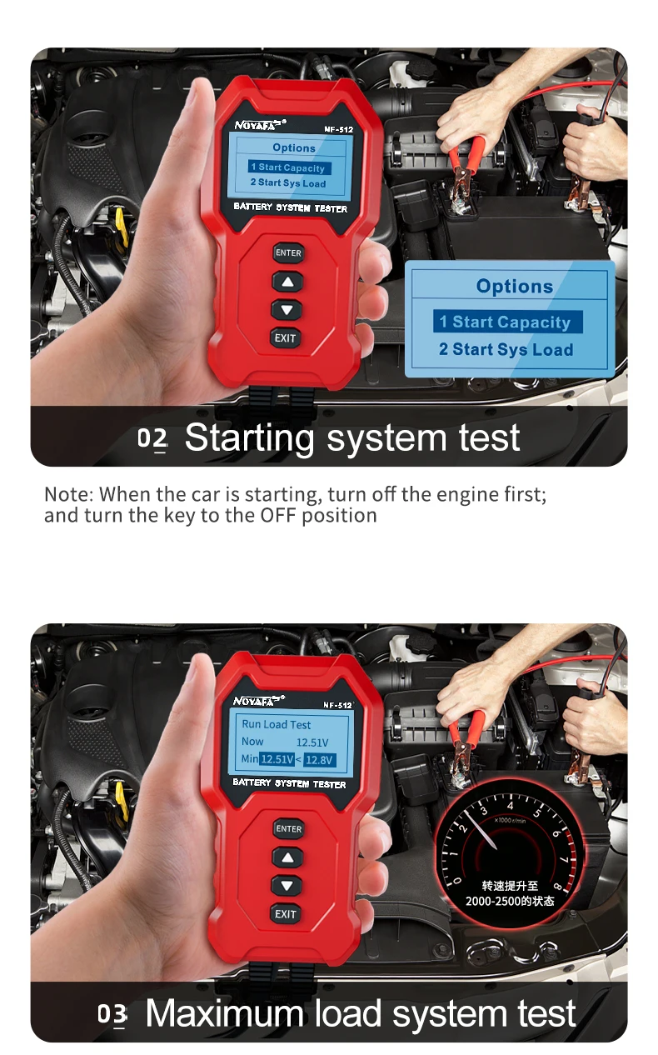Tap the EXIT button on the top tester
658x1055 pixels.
tap(286, 338)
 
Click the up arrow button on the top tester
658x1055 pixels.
tap(287, 282)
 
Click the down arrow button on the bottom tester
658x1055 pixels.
tap(287, 886)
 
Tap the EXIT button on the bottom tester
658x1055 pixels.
tap(286, 914)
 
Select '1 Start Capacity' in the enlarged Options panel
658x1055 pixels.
tap(506, 322)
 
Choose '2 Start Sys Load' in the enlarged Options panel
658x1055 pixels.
tap(506, 350)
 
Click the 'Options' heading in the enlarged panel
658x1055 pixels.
tap(514, 287)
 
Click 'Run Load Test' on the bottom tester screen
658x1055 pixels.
tap(276, 724)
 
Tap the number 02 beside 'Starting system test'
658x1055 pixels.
tap(152, 438)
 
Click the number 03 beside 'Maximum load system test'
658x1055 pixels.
tap(112, 1014)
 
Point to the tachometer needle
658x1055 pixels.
tap(481, 833)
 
